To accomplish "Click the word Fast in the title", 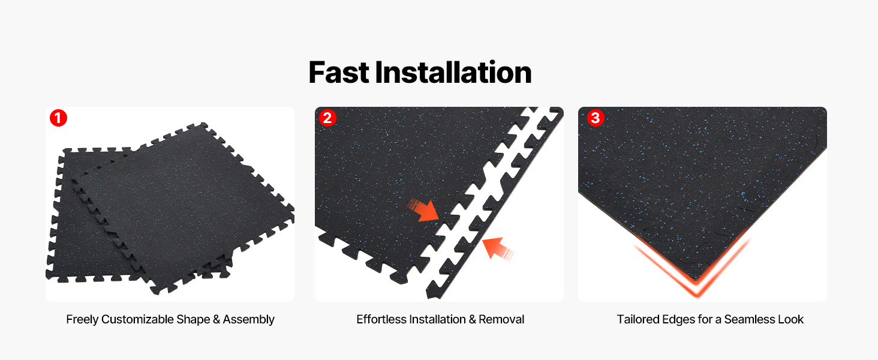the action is [x=339, y=73].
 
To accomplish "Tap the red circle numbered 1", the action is [x=58, y=118].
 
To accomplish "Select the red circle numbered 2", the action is [x=327, y=118].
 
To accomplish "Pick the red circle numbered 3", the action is [x=596, y=118].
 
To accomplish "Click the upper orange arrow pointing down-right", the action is [x=423, y=210].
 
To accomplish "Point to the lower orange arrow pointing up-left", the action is [x=498, y=248].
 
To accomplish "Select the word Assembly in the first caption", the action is [x=249, y=320].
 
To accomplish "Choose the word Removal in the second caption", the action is [x=501, y=319].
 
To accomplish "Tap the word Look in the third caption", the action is [x=791, y=319].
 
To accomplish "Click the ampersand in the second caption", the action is [x=472, y=319].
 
